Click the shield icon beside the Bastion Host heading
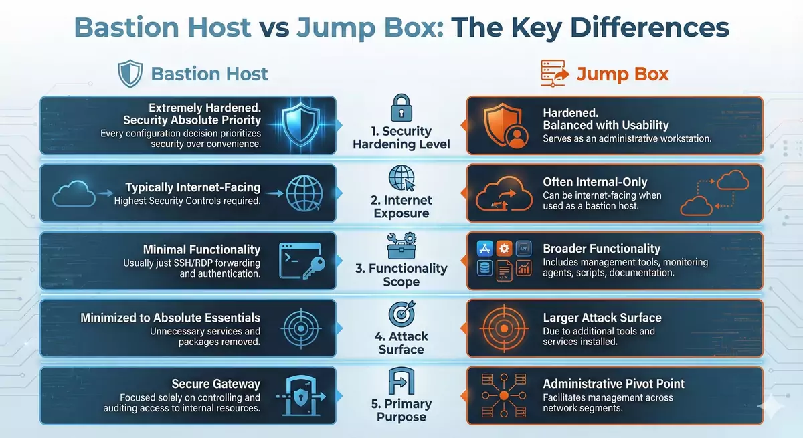point(130,74)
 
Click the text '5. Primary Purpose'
point(401,410)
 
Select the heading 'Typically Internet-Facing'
point(193,188)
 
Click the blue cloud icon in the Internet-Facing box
point(71,194)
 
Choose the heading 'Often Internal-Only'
point(595,182)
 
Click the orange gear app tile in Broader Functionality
point(505,249)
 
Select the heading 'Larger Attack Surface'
point(602,318)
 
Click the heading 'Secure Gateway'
point(215,384)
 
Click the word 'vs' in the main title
point(274,28)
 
